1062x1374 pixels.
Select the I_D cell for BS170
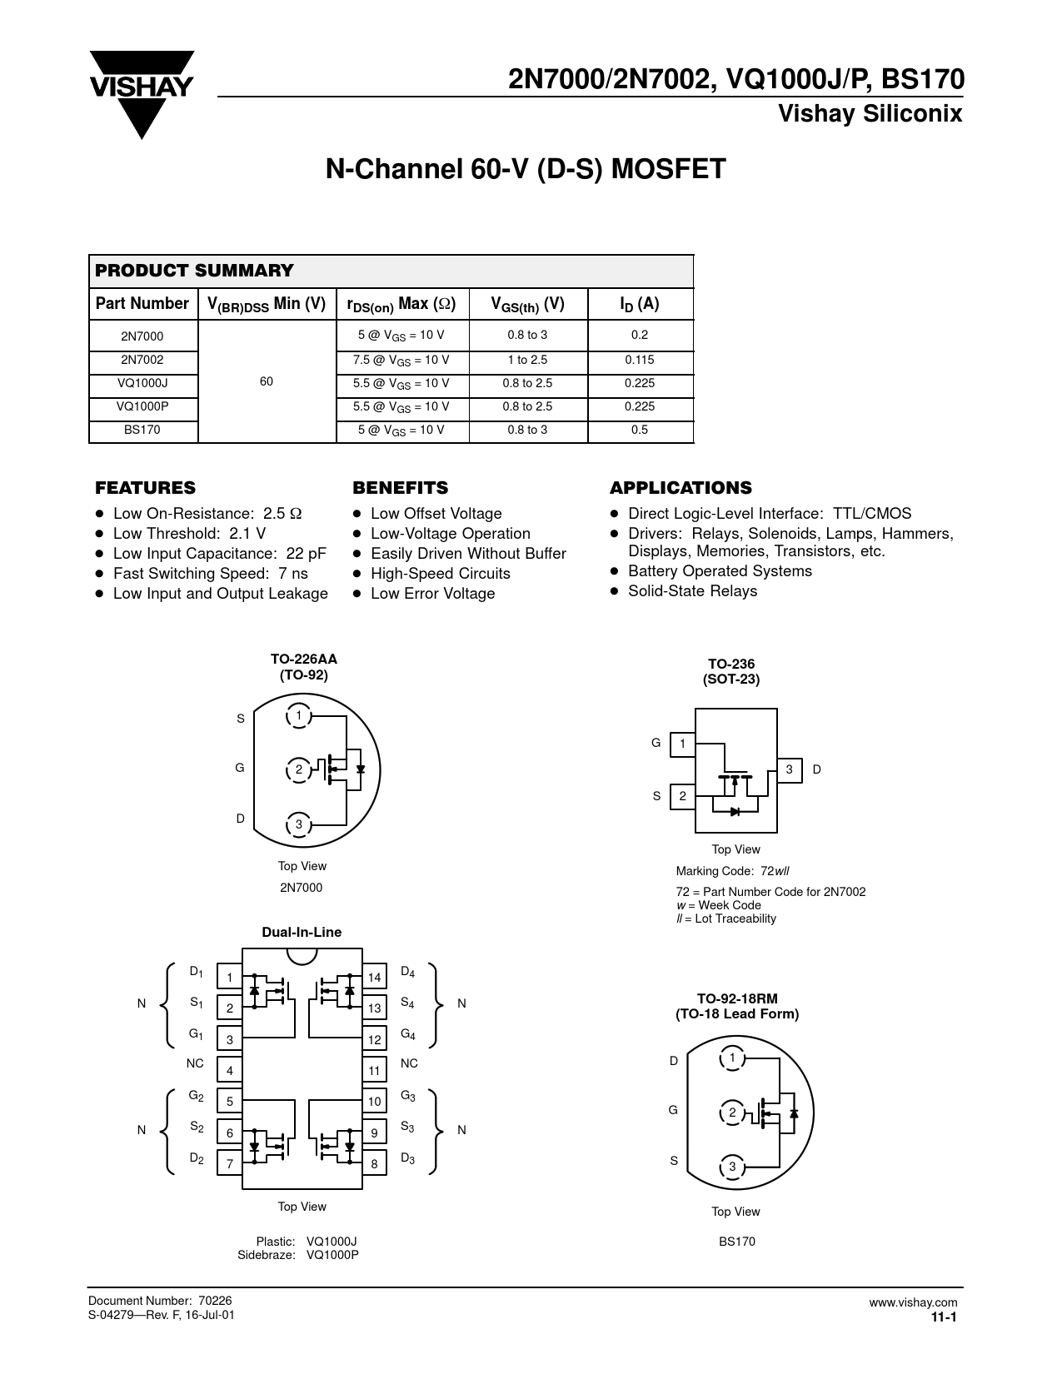(640, 431)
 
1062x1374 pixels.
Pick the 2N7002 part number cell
(142, 361)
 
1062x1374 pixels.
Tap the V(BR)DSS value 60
(267, 381)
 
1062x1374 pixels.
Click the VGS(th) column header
(528, 305)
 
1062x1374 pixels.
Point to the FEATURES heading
(146, 488)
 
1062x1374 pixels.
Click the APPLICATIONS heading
(681, 488)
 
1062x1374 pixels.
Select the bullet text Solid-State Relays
(692, 591)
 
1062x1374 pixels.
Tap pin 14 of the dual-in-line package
(374, 978)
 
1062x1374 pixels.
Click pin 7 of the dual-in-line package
(230, 1163)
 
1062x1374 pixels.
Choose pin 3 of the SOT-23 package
(789, 770)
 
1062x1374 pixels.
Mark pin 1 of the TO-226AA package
(297, 716)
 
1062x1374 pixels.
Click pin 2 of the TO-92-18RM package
(732, 1113)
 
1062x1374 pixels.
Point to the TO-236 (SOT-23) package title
(730, 671)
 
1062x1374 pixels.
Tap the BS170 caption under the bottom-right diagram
(737, 1242)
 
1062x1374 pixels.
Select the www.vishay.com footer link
(913, 1303)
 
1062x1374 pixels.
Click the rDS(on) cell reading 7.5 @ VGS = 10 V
(402, 361)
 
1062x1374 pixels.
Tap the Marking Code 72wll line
(732, 872)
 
